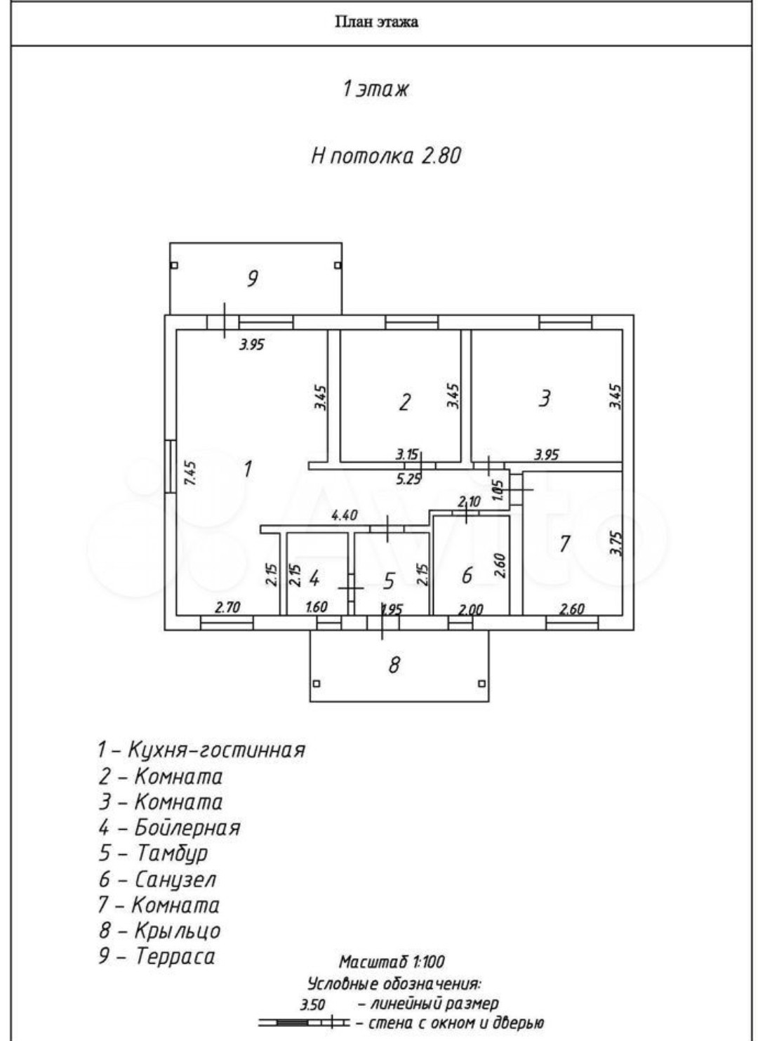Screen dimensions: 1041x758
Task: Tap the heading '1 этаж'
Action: click(375, 89)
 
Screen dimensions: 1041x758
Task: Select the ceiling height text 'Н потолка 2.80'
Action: click(385, 155)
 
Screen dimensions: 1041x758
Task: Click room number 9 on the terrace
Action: click(252, 279)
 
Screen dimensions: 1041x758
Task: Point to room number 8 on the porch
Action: click(394, 664)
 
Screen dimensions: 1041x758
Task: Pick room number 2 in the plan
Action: click(404, 402)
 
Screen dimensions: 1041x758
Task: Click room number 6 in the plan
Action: click(467, 575)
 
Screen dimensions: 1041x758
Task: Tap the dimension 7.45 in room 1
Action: click(189, 472)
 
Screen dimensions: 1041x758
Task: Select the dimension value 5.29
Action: click(409, 479)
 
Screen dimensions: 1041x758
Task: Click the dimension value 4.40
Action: click(344, 515)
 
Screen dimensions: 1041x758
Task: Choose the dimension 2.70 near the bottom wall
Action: click(227, 607)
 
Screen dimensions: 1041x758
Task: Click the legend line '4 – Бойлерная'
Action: click(169, 828)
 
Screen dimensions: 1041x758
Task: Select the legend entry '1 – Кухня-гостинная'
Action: click(201, 750)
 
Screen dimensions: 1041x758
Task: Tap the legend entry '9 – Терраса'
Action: click(157, 956)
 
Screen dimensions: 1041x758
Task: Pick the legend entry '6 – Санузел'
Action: click(157, 879)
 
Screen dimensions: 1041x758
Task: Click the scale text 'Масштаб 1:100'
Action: click(392, 961)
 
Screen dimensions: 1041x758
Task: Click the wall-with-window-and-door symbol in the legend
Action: click(303, 1023)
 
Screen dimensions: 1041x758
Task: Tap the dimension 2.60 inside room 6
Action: click(500, 566)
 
